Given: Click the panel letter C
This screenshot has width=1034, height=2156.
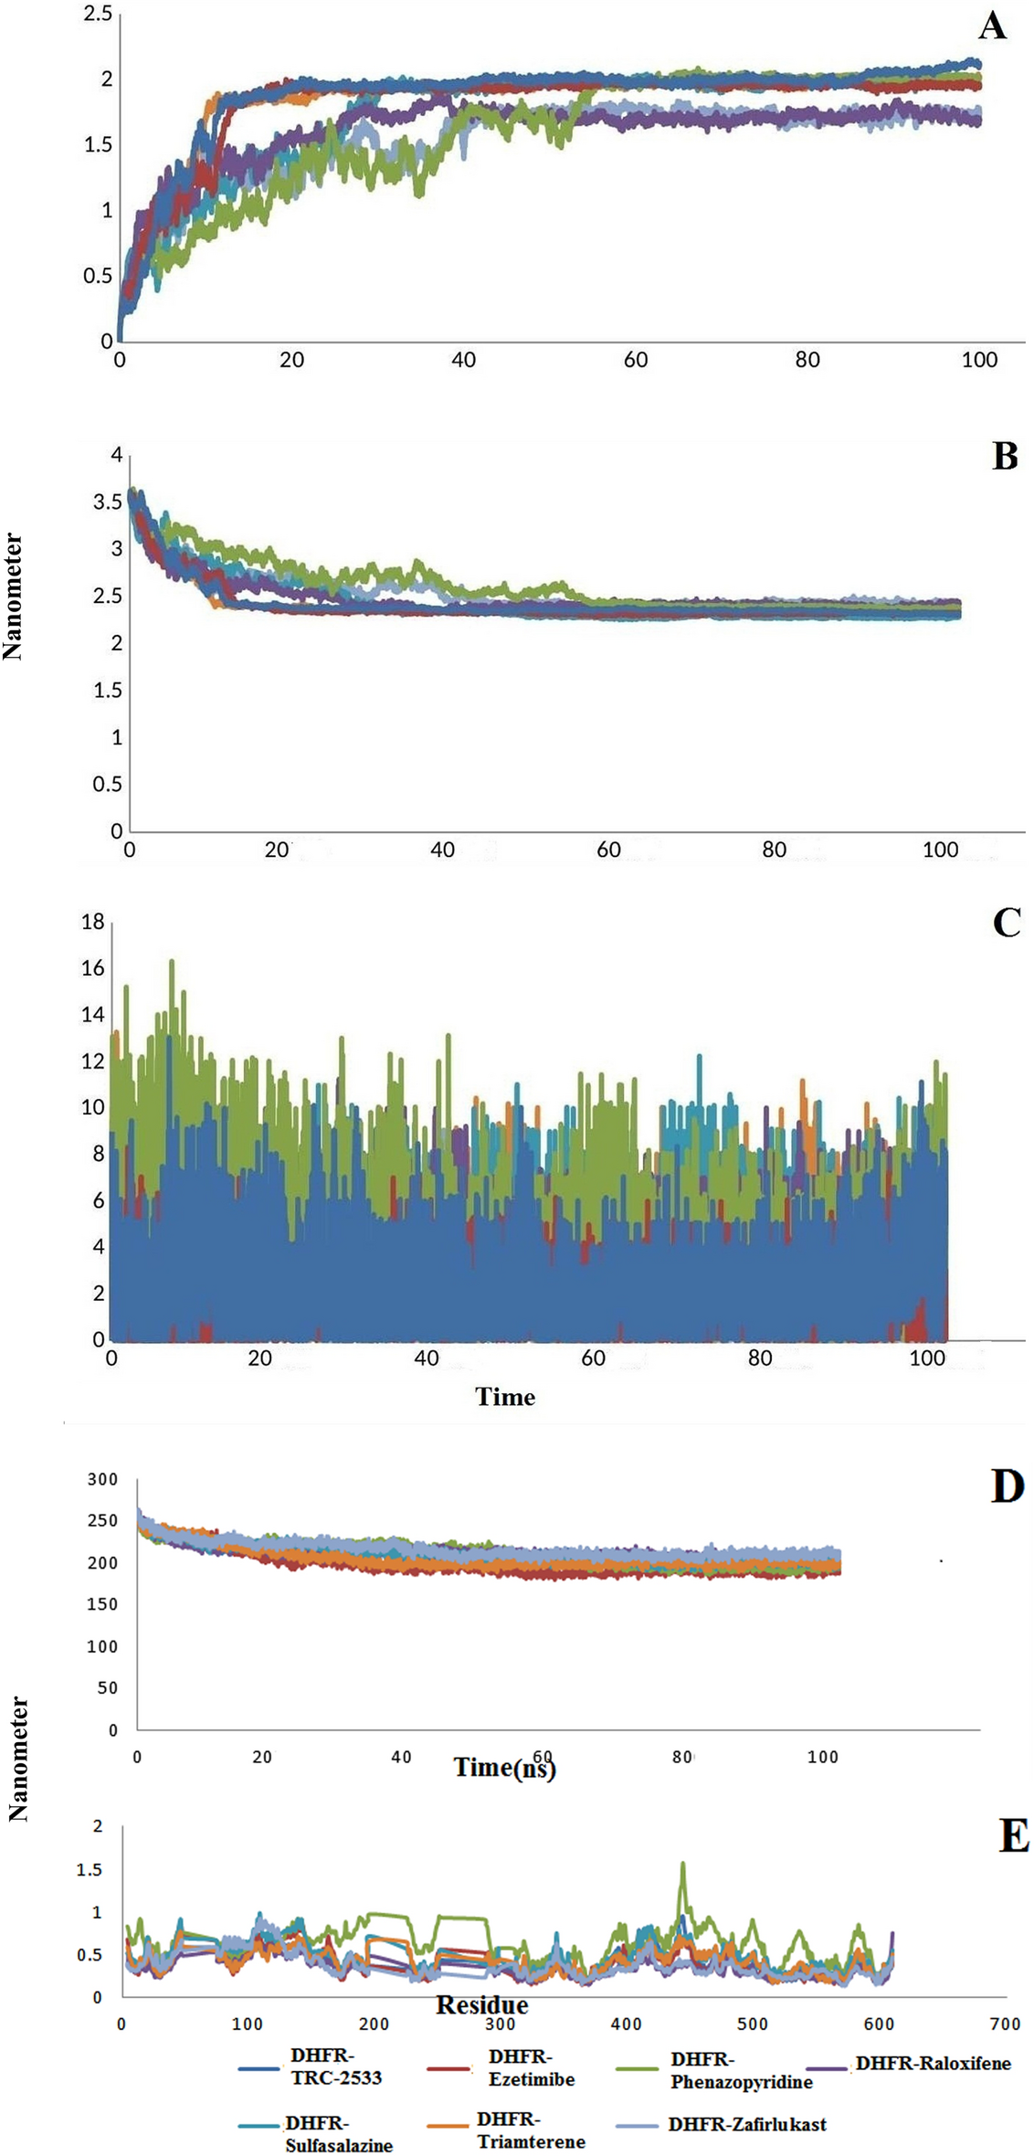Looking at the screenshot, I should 1006,924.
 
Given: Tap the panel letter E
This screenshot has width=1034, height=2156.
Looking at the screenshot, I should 1014,1835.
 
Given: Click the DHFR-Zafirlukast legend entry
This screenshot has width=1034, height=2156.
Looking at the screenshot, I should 746,2124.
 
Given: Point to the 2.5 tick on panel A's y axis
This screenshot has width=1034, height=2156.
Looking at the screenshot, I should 98,14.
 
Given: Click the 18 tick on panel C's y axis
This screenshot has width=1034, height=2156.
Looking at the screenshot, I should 93,921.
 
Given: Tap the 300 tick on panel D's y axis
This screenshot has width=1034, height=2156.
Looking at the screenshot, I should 102,1479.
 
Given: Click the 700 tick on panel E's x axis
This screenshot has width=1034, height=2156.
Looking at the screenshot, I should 1005,2024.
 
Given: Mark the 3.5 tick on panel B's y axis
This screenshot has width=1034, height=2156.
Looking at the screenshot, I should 108,502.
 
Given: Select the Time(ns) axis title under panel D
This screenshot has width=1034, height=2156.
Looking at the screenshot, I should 505,1767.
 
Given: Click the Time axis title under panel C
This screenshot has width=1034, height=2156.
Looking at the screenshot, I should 504,1397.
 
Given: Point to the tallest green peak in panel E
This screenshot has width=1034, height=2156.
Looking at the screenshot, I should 681,1865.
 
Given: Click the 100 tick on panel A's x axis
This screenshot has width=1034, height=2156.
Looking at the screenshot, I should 979,360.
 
